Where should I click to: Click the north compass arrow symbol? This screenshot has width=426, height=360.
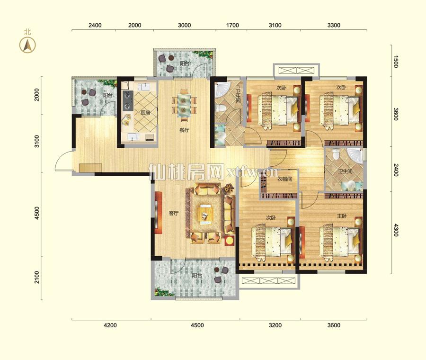pos(27,45)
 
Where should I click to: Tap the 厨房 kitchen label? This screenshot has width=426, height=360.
pos(145,113)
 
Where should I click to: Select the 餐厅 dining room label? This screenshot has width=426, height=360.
pos(184,130)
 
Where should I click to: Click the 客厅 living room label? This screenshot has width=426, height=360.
pos(174,214)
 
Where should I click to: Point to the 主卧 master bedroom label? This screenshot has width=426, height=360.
pos(342,216)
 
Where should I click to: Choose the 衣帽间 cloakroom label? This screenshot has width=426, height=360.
pos(285,179)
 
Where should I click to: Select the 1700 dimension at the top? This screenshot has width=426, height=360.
pos(232,25)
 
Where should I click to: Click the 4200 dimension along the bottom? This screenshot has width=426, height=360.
pos(111,325)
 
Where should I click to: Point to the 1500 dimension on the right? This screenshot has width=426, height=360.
pos(396,62)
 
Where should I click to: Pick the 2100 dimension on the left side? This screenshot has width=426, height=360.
pos(36,277)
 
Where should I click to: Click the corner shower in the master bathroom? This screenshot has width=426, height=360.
pos(355,155)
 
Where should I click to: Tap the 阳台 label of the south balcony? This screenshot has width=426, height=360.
pos(197,275)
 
